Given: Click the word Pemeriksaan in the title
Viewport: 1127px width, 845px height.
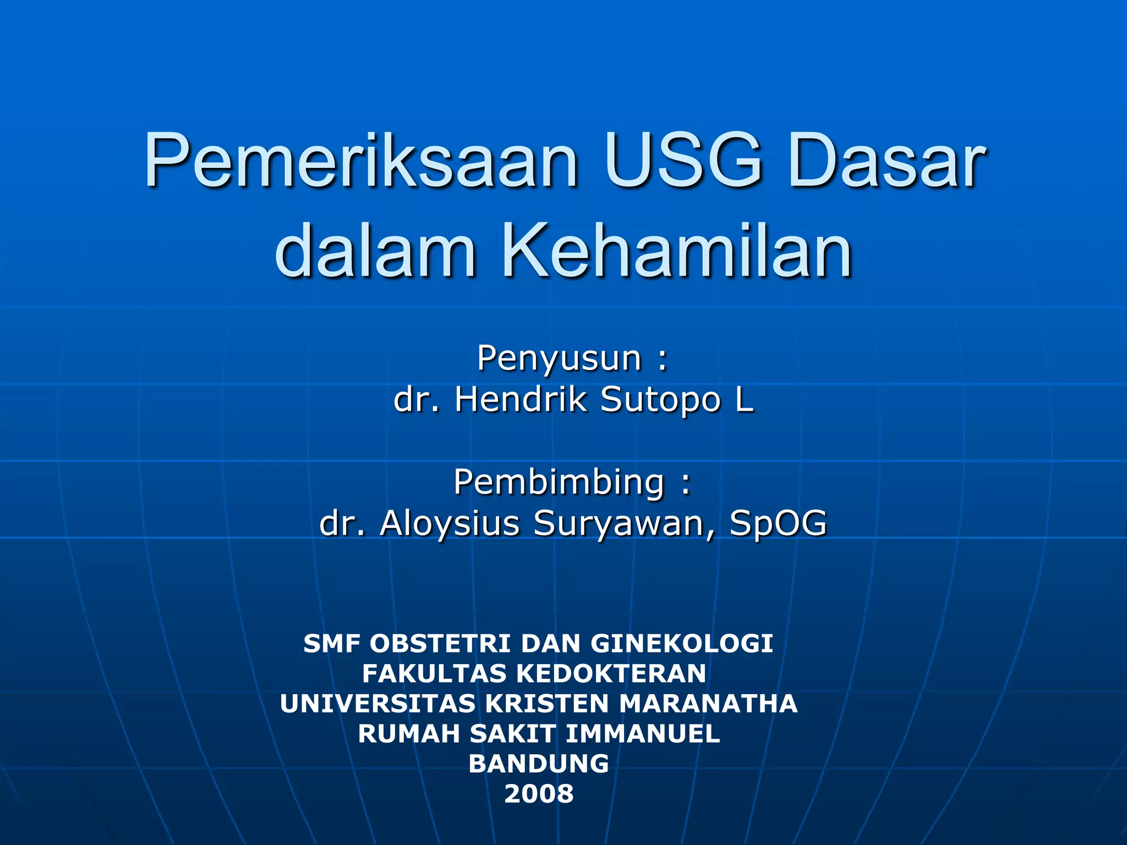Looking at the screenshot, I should tap(361, 161).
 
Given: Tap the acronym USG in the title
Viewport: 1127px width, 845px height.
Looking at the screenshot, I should tap(685, 161).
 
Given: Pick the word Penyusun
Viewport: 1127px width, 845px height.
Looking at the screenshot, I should tap(559, 358).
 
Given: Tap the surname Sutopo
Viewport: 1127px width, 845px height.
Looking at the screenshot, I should tap(660, 400).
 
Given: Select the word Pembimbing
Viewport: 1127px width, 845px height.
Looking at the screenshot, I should tap(559, 482).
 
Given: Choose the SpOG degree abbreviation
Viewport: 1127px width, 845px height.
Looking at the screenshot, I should tap(778, 523).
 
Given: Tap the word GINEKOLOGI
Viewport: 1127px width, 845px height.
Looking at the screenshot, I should tap(682, 644).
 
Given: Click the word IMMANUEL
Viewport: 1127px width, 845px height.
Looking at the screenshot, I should tap(642, 733).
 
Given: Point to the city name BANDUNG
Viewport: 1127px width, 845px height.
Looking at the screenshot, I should tap(539, 764).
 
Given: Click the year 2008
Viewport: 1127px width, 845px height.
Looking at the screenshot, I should tap(539, 794).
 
